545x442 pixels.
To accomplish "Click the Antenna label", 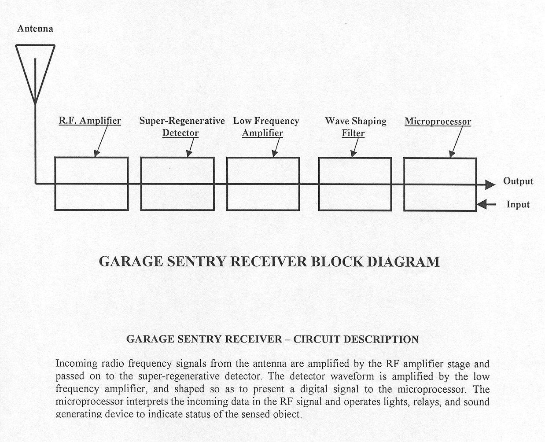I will tap(35, 29).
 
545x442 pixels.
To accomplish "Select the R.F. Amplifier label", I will tap(90, 121).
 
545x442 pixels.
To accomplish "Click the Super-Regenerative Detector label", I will tap(181, 127).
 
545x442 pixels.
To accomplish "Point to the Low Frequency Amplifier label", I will tap(265, 127).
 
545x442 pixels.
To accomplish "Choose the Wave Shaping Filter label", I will tap(355, 127).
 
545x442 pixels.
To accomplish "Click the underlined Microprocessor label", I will tap(438, 122).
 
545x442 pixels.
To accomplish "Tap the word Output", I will tap(518, 181).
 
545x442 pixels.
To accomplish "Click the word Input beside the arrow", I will tap(518, 205).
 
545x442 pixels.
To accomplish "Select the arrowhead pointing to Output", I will tap(490, 184).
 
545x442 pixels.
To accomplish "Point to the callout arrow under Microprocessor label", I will tap(456, 142).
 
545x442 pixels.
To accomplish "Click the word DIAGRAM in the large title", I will tap(403, 262).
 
